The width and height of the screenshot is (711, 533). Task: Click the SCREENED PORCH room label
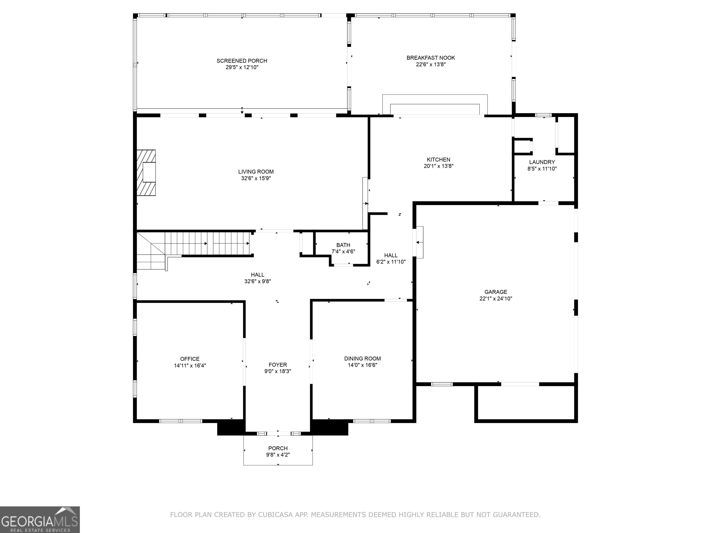242,61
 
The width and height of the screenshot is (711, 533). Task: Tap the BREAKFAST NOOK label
431,58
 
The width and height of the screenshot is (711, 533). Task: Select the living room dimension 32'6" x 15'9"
256,178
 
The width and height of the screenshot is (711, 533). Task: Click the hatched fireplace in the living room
146,173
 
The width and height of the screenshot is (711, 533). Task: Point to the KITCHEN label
438,160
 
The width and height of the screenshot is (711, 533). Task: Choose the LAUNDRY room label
542,162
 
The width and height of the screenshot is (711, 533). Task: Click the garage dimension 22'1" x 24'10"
496,298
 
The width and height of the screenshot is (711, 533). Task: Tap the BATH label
343,245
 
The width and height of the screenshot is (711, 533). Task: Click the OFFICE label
190,359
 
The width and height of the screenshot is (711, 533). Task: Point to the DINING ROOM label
363,359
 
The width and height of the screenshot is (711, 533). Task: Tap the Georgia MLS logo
40,520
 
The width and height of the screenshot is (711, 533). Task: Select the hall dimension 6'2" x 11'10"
391,262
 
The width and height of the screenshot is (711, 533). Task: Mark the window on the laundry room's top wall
543,115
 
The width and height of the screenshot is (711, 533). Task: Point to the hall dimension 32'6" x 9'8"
257,282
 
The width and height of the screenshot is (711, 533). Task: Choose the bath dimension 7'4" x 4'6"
343,251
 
